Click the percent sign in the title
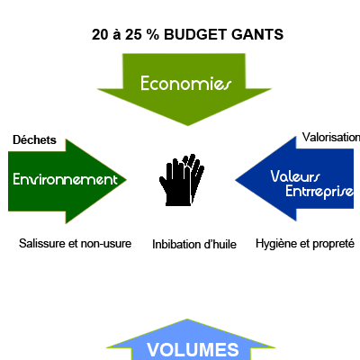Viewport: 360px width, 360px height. pyautogui.click(x=153, y=34)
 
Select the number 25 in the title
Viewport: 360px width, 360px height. pyautogui.click(x=133, y=34)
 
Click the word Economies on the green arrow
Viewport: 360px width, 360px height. pyautogui.click(x=186, y=84)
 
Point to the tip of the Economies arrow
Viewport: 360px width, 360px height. pyautogui.click(x=188, y=125)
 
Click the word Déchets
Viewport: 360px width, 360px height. pyautogui.click(x=34, y=139)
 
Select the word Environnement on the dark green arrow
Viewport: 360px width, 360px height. pyautogui.click(x=65, y=179)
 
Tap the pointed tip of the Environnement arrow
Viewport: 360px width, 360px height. pyautogui.click(x=126, y=180)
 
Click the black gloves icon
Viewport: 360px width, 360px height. pyautogui.click(x=182, y=180)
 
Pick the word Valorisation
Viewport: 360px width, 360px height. pyautogui.click(x=331, y=137)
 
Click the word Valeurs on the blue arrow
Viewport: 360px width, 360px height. pyautogui.click(x=295, y=176)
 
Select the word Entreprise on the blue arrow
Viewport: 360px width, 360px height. pyautogui.click(x=319, y=192)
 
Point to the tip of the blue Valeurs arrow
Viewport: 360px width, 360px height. pyautogui.click(x=235, y=180)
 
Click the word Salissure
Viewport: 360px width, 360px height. pyautogui.click(x=42, y=243)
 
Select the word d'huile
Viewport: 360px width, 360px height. pyautogui.click(x=220, y=244)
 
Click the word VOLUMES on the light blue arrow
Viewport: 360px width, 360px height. pyautogui.click(x=193, y=350)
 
